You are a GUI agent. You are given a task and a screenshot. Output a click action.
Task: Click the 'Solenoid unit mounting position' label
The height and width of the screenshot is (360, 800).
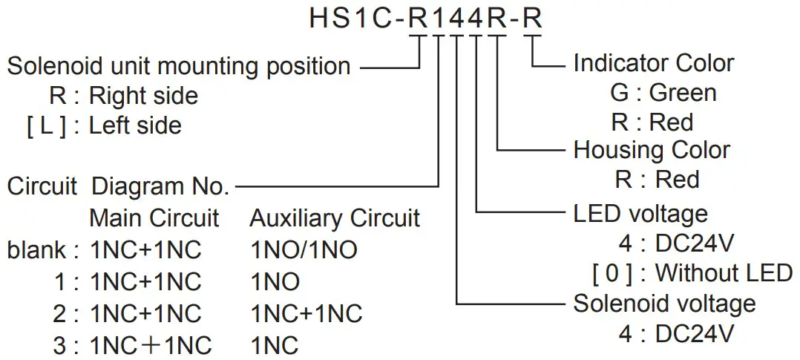click(x=179, y=66)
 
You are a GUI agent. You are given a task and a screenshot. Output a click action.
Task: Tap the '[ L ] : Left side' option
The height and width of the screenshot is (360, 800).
click(x=104, y=125)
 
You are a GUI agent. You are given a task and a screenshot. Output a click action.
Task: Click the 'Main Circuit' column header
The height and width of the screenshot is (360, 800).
click(x=154, y=218)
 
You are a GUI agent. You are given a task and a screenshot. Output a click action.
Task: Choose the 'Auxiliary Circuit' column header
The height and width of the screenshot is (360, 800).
click(x=335, y=218)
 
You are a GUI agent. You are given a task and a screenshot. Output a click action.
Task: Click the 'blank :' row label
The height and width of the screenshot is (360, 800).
click(x=43, y=250)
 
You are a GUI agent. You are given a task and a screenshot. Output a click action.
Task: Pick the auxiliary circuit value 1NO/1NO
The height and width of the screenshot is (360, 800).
click(x=304, y=250)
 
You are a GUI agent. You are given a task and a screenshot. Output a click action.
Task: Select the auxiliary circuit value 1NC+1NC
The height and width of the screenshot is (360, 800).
click(x=306, y=313)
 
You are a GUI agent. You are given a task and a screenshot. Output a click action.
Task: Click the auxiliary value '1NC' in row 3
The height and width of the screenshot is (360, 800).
click(x=274, y=345)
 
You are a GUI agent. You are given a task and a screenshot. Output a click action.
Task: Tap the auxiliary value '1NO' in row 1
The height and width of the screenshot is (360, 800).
click(x=275, y=282)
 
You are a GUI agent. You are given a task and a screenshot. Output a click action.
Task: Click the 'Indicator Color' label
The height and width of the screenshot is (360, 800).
click(x=654, y=63)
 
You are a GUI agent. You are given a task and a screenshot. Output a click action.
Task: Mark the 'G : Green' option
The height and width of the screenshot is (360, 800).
click(x=662, y=93)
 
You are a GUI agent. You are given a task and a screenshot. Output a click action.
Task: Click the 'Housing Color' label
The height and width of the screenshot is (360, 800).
click(x=652, y=150)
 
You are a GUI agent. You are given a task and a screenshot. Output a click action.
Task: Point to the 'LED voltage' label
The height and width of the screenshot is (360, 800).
click(x=640, y=214)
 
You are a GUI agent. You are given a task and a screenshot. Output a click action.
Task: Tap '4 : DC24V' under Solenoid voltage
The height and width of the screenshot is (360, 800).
click(x=676, y=333)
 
